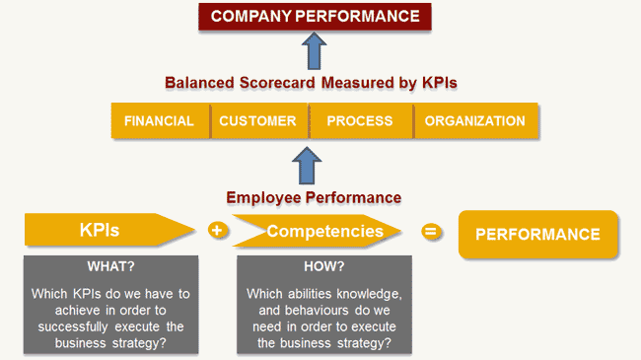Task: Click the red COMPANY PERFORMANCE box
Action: (315, 17)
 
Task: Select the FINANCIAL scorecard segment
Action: (159, 121)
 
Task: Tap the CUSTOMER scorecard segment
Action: (257, 121)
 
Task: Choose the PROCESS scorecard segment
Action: (359, 121)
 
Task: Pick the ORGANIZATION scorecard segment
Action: (475, 121)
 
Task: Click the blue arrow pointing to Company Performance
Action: (314, 50)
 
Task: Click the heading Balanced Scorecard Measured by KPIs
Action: (315, 84)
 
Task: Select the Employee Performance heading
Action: (314, 197)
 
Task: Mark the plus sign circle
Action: (218, 232)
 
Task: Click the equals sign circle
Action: (430, 232)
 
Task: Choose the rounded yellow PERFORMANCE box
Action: (537, 234)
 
